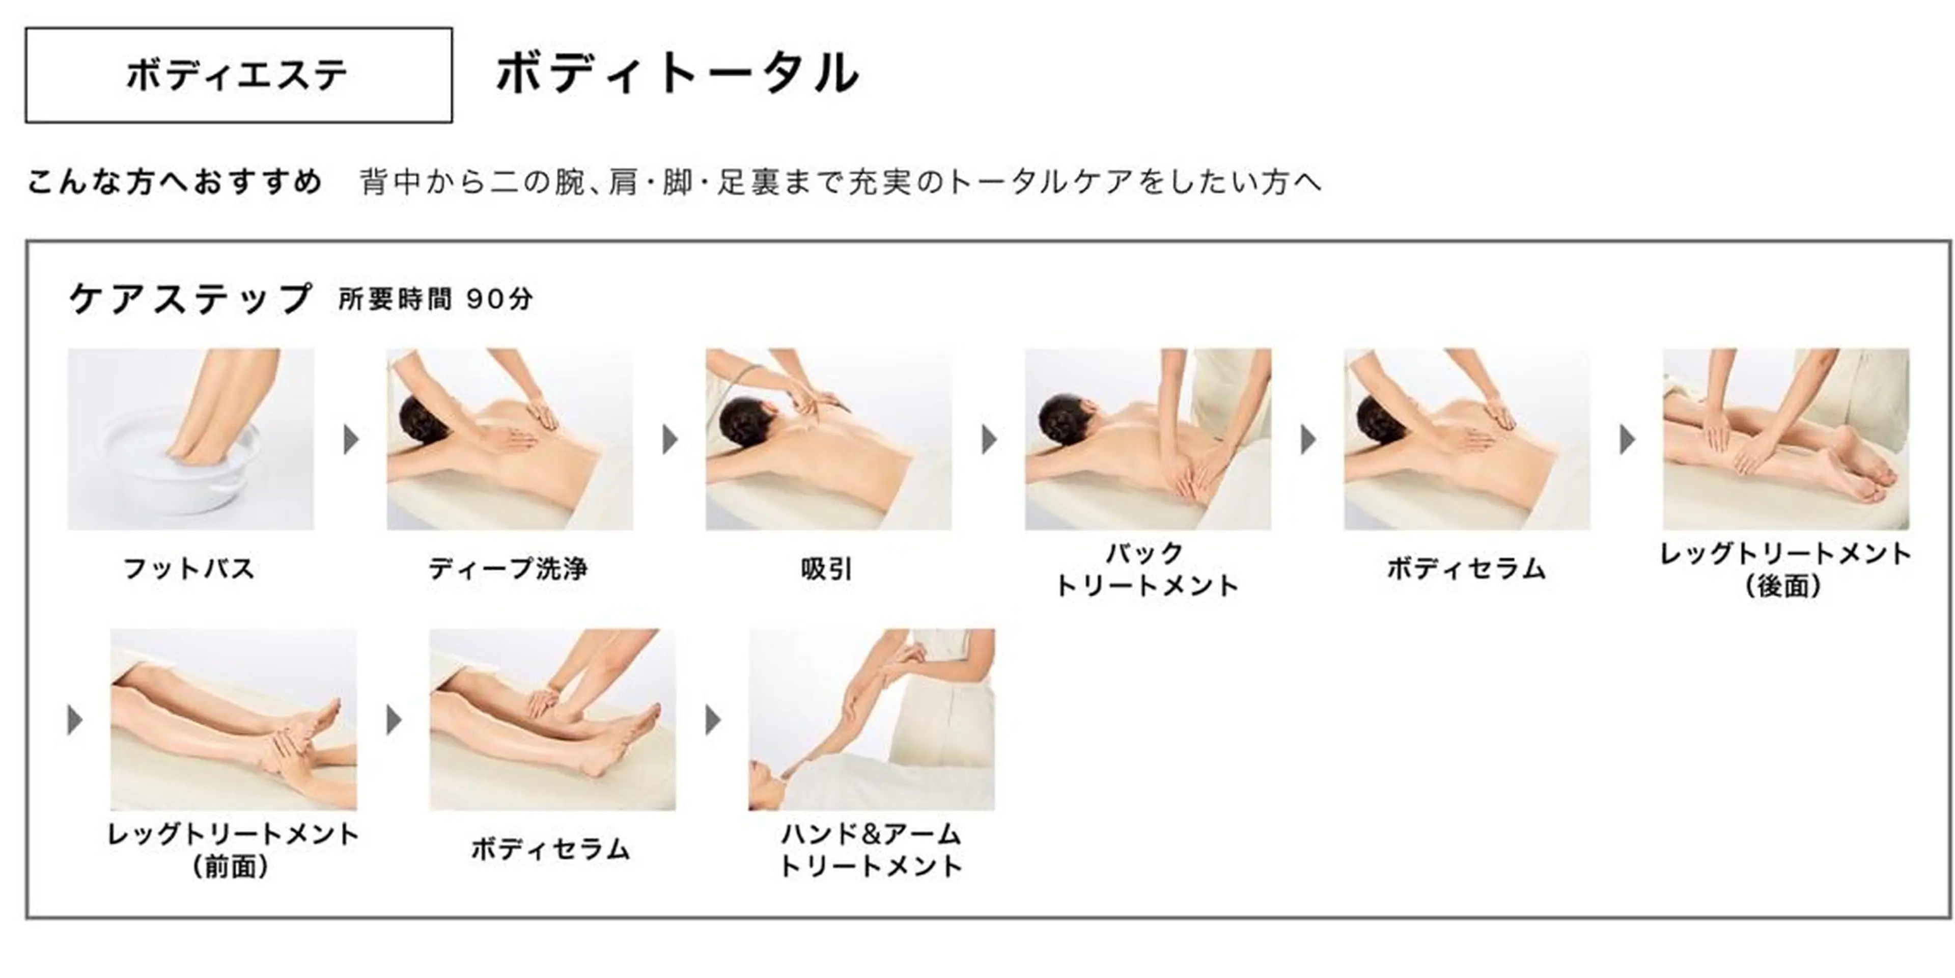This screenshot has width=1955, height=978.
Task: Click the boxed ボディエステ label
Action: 238,75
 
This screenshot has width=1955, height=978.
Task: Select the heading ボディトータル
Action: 678,74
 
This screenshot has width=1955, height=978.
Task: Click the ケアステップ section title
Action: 190,298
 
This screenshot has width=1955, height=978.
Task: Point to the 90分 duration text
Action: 499,299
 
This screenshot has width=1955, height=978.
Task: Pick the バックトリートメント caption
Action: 1147,569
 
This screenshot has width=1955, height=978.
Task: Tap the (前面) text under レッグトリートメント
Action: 232,866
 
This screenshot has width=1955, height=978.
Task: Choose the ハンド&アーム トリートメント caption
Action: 871,851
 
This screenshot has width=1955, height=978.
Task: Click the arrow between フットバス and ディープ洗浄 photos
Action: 351,440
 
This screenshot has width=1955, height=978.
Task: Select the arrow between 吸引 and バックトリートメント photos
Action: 989,440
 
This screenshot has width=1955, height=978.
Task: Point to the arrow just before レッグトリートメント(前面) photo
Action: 74,720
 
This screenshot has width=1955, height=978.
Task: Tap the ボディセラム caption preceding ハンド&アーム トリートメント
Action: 551,849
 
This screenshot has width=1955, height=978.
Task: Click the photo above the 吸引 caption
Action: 828,439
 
